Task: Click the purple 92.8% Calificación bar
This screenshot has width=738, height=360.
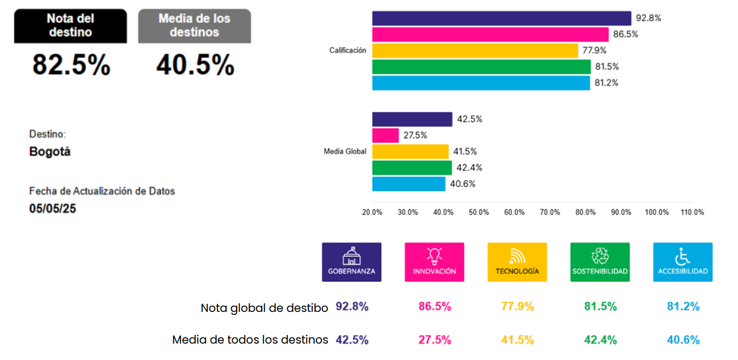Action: tap(501, 18)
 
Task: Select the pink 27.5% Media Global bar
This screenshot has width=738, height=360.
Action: tap(385, 135)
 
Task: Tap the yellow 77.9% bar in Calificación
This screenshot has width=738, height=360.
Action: tap(475, 51)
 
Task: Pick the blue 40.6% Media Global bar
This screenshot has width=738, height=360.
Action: tap(408, 184)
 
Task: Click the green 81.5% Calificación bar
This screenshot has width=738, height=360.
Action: tap(481, 67)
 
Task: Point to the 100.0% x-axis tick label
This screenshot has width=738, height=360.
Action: tap(656, 212)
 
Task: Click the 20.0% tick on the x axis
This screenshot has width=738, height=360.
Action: tap(372, 212)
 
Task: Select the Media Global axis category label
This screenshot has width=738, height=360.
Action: tap(344, 152)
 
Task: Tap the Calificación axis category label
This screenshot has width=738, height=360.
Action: tap(347, 50)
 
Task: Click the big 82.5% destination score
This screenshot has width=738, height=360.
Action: tap(71, 65)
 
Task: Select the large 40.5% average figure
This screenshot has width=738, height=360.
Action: tap(195, 65)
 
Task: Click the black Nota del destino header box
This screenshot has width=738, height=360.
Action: tap(70, 25)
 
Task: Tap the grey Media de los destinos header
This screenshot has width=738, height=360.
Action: tap(194, 25)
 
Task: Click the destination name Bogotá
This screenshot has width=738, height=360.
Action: tap(50, 152)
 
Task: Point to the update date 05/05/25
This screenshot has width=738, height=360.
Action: tap(53, 208)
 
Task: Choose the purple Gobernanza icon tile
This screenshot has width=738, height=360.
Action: tap(351, 262)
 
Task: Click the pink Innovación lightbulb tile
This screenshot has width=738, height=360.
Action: tap(434, 262)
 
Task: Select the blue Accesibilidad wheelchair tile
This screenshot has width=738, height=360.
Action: tap(682, 262)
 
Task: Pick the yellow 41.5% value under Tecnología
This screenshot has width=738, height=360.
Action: tap(517, 340)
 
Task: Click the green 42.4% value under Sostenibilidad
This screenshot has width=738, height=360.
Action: tap(600, 340)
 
